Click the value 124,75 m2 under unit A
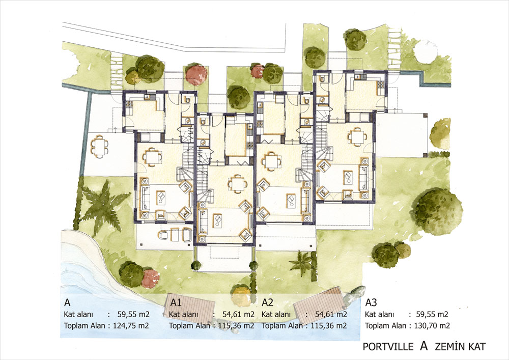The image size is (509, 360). (x=131, y=325)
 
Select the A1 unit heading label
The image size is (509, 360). (x=176, y=303)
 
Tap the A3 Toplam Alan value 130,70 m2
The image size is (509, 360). (x=432, y=325)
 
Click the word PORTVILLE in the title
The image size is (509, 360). (x=388, y=347)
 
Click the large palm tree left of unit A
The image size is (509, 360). (x=103, y=204)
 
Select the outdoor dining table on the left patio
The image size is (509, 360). (x=98, y=147)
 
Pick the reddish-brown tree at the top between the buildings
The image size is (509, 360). (x=196, y=74)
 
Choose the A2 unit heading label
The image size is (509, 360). (x=268, y=303)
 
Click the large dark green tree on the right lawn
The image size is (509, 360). (x=438, y=210)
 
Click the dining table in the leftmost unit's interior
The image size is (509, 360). (x=152, y=157)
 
